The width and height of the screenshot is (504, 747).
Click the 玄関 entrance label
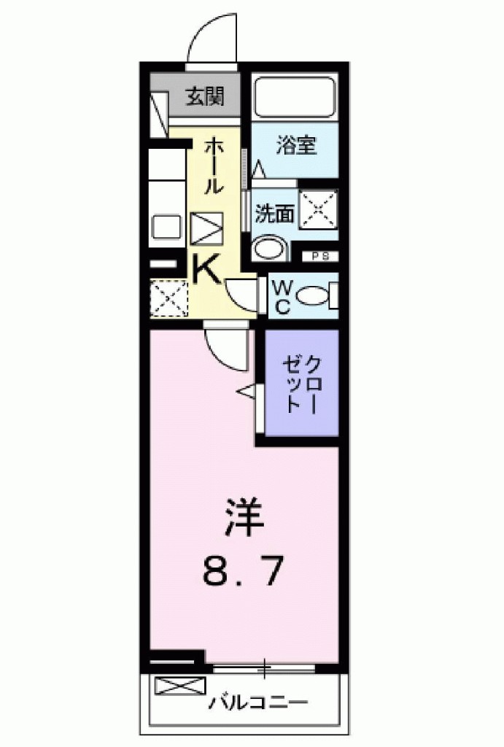point(204,96)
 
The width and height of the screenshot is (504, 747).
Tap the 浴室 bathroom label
point(295,144)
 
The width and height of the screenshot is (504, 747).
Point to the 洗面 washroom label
point(274,213)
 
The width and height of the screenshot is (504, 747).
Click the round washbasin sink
point(269,247)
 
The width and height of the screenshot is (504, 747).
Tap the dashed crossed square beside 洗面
point(319,209)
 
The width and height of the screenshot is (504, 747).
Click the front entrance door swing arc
point(212,40)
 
